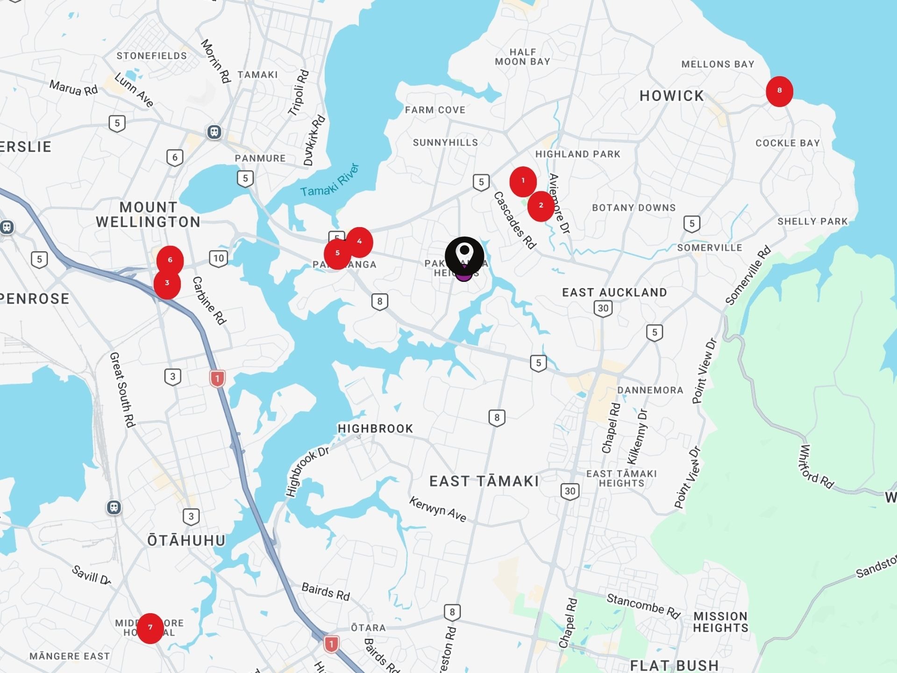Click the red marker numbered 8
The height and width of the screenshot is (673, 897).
(779, 91)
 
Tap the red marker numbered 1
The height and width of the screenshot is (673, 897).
(523, 181)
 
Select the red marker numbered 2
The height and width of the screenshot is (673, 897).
(541, 206)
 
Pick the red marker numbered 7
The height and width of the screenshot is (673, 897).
(150, 628)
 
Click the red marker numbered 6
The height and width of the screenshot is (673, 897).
(170, 260)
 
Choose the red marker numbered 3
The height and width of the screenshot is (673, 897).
(167, 284)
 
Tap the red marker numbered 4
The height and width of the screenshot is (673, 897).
(359, 242)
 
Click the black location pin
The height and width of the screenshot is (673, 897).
(464, 255)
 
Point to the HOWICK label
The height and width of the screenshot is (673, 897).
(671, 96)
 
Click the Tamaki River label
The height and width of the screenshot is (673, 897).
(330, 180)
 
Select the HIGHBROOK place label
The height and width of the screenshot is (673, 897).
(375, 429)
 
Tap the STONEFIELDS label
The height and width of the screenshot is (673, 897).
(151, 56)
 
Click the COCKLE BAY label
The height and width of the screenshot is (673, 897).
(788, 143)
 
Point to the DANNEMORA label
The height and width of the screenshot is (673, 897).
(650, 390)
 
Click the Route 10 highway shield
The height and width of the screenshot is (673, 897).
(218, 258)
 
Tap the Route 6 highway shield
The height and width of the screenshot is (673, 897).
(175, 158)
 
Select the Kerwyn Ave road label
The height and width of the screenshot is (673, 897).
(437, 509)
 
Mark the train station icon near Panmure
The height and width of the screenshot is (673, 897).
(214, 132)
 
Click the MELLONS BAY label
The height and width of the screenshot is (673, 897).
(718, 64)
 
